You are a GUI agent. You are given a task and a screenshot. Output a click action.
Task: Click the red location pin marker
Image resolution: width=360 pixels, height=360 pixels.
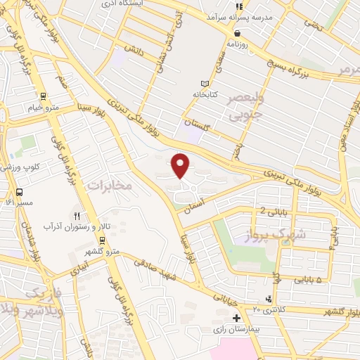(x=181, y=165)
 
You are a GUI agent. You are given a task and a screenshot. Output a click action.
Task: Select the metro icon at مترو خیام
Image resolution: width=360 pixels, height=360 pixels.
(x=44, y=96)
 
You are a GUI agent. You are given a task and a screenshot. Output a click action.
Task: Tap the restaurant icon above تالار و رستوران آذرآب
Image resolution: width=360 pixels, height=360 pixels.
(x=77, y=216)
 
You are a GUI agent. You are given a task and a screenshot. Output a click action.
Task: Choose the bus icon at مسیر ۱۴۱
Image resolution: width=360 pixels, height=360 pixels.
(x=19, y=192)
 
